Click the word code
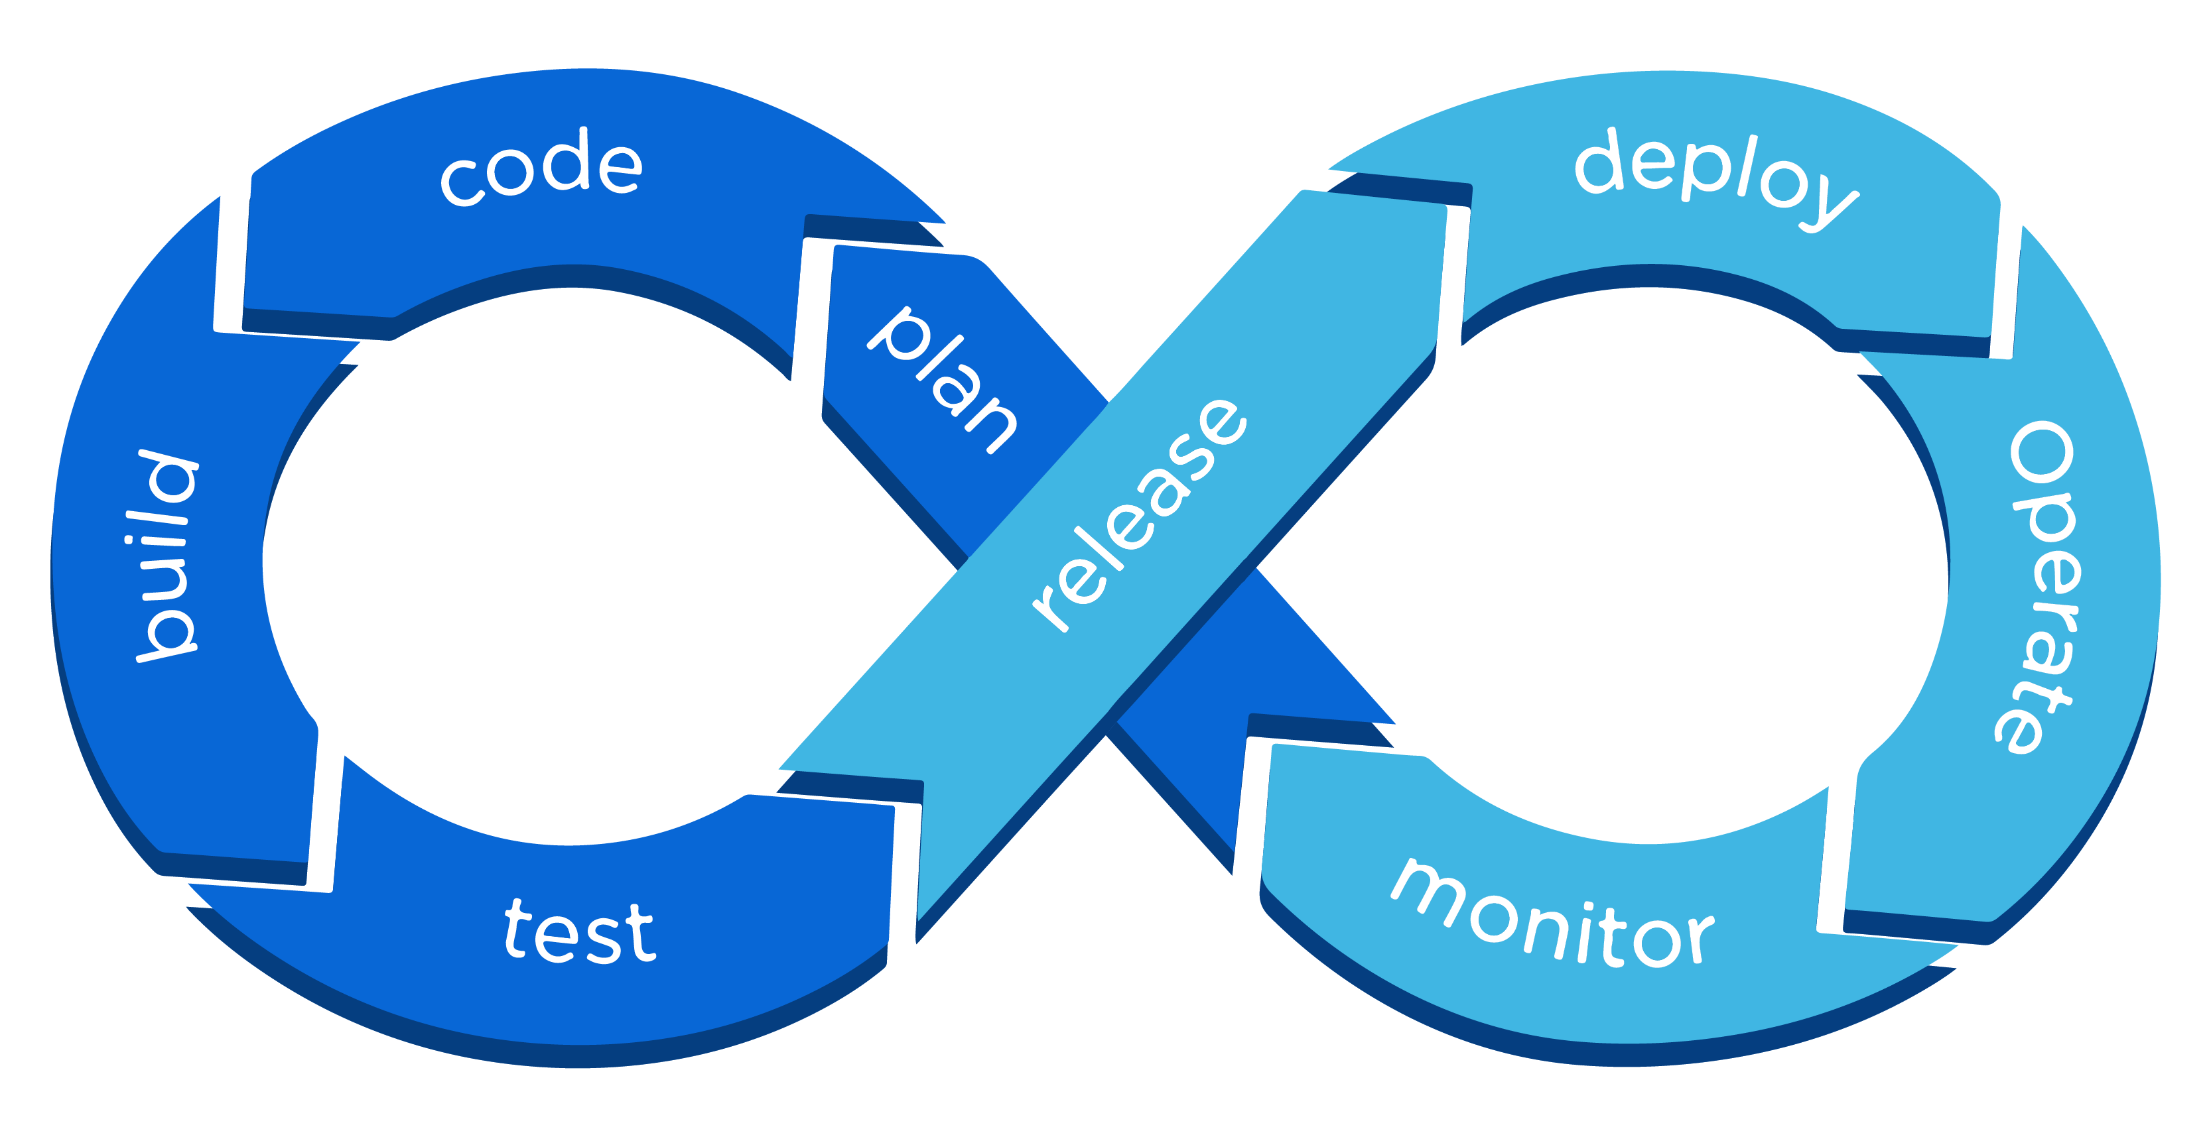click(541, 168)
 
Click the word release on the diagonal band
click(1140, 515)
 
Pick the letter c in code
click(464, 182)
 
